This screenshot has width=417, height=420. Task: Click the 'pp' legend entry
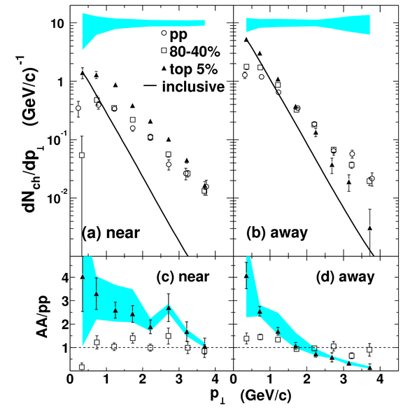[x=178, y=35]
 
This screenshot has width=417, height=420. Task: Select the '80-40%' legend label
[x=195, y=51]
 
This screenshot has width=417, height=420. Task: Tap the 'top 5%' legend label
[x=194, y=69]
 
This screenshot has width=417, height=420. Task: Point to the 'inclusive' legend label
[x=193, y=87]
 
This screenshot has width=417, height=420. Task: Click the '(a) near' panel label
[x=111, y=233]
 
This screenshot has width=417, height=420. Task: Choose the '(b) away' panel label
[x=277, y=233]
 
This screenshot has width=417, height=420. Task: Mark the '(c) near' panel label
[x=183, y=276]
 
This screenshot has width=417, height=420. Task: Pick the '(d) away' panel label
[x=345, y=276]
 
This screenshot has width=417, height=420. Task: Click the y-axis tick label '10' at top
[x=57, y=24]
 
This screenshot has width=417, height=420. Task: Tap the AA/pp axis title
[x=43, y=317]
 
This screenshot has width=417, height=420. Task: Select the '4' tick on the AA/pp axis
[x=64, y=277]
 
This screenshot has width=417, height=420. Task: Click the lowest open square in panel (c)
[x=82, y=367]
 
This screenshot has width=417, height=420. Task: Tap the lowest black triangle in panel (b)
[x=370, y=228]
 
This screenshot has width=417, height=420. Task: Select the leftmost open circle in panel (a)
[x=78, y=108]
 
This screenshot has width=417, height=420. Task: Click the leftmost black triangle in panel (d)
[x=246, y=276]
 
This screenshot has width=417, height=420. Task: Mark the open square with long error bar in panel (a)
[x=82, y=155]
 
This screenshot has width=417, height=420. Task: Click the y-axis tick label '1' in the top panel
[x=61, y=82]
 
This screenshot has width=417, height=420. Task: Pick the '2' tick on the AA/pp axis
[x=64, y=324]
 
